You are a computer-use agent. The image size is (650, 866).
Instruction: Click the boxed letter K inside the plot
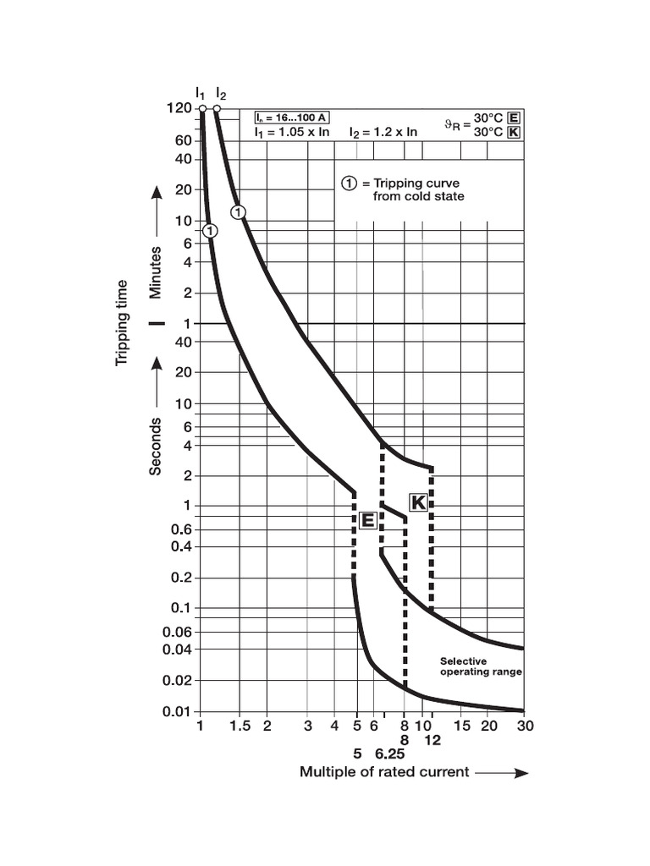pyautogui.click(x=418, y=502)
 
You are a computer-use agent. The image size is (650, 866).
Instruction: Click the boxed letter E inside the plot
pyautogui.click(x=367, y=521)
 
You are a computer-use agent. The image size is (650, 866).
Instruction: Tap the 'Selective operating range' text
pyautogui.click(x=480, y=666)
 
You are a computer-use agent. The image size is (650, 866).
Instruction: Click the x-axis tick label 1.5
pyautogui.click(x=240, y=726)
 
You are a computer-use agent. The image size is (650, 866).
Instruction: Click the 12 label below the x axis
pyautogui.click(x=432, y=740)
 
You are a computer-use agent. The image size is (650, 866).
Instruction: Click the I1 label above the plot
pyautogui.click(x=201, y=92)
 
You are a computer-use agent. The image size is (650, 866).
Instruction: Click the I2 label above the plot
pyautogui.click(x=221, y=92)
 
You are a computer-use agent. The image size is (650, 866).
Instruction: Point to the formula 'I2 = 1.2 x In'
pyautogui.click(x=383, y=132)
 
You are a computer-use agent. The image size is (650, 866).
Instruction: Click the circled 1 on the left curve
pyautogui.click(x=211, y=230)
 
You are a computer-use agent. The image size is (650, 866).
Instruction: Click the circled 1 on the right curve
pyautogui.click(x=239, y=211)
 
